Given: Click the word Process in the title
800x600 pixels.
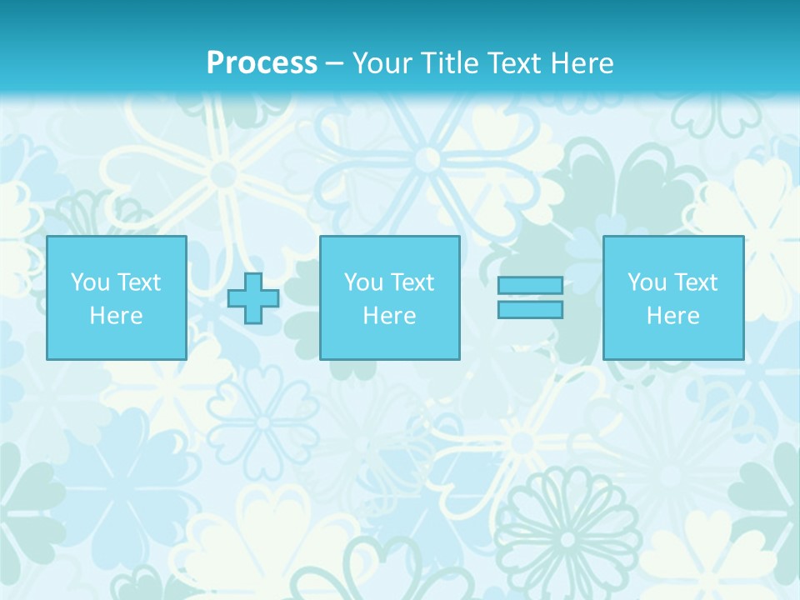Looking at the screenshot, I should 262,63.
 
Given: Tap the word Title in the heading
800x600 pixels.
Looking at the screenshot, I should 452,63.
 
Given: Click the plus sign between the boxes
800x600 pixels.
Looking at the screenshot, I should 253,298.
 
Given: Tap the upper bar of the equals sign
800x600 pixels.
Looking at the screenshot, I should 530,286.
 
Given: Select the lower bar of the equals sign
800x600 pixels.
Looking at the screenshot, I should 530,309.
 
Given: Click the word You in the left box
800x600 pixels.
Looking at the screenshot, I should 90,282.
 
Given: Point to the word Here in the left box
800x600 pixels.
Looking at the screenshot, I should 117,316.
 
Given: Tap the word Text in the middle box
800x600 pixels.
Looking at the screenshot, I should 412,282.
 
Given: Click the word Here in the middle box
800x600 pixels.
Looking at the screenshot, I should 389,316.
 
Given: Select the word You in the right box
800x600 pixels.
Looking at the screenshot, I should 647,282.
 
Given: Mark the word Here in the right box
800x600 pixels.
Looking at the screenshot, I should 672,316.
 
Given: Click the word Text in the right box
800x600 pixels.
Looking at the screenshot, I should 696,282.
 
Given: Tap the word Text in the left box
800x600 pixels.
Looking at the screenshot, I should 139,282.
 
